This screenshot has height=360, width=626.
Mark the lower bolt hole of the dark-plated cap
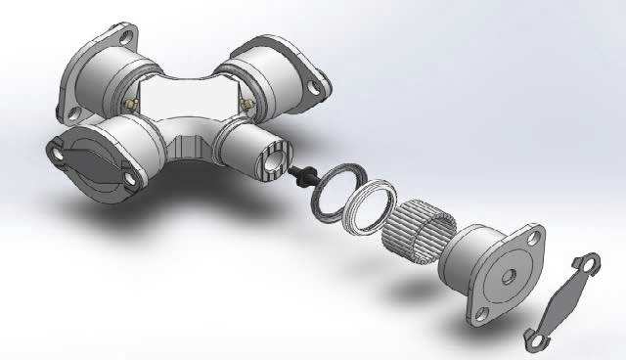pyautogui.click(x=128, y=179)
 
